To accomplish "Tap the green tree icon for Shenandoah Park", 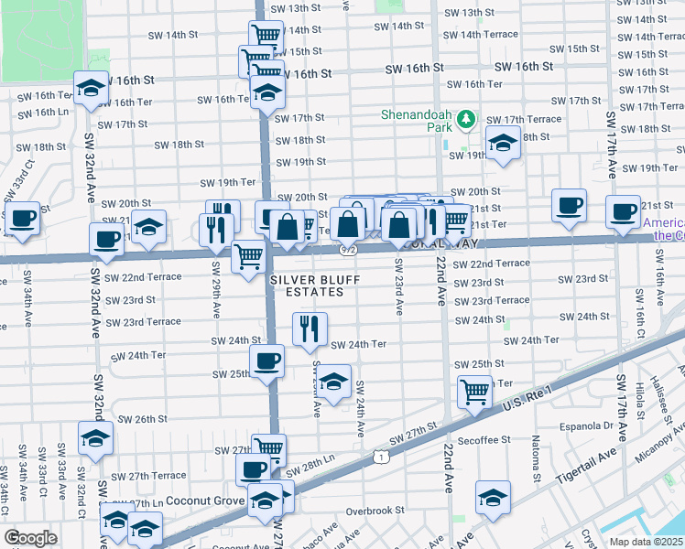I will point(467,119).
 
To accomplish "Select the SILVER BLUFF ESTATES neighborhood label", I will point(308,285).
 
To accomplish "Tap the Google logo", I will point(31,538).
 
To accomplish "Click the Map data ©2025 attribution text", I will point(646,542).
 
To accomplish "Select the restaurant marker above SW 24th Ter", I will point(310,328).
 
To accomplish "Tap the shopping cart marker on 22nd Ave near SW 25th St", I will point(474,391).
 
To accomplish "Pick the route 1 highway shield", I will point(379,455).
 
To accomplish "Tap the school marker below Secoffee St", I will point(493,499).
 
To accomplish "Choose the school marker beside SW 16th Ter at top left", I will point(91,88).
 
